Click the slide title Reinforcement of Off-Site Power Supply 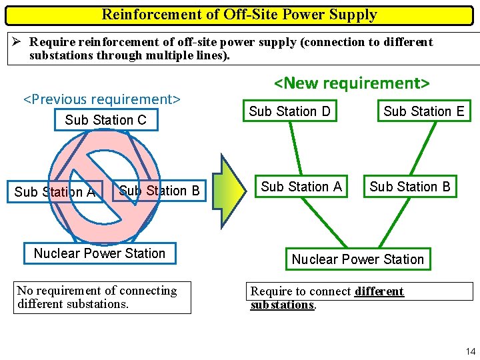[x=239, y=15]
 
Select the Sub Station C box [x=106, y=120]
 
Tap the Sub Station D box [x=289, y=111]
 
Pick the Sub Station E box [x=423, y=111]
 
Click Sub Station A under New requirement [x=301, y=187]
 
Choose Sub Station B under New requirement [x=410, y=187]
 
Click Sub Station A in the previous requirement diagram [x=55, y=192]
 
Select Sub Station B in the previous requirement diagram [x=159, y=191]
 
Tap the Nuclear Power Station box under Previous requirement [x=99, y=253]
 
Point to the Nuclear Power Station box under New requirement [x=357, y=259]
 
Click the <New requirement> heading [x=352, y=83]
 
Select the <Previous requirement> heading [x=102, y=99]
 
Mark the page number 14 [x=470, y=351]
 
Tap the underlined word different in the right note [x=379, y=291]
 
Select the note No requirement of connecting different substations [x=103, y=297]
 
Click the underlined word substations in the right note [x=281, y=305]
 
